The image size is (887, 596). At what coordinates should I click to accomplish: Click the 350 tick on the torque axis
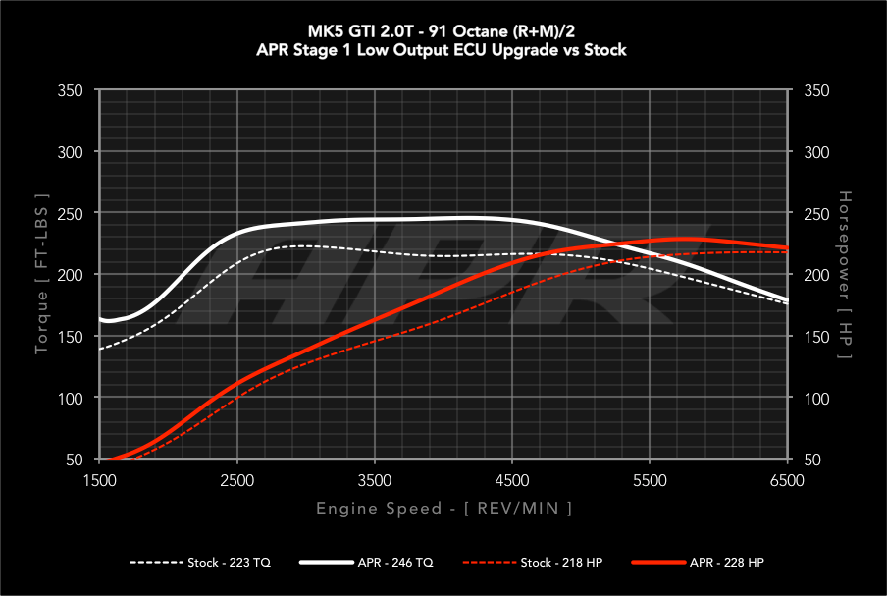(x=70, y=90)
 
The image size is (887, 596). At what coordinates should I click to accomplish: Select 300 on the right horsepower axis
(x=816, y=152)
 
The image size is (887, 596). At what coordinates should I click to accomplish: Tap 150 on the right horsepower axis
(x=816, y=337)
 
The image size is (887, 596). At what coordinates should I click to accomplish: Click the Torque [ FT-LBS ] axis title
(x=41, y=274)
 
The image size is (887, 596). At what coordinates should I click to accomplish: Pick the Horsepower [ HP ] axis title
(x=846, y=274)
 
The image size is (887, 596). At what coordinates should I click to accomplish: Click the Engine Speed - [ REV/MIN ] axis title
(x=443, y=508)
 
